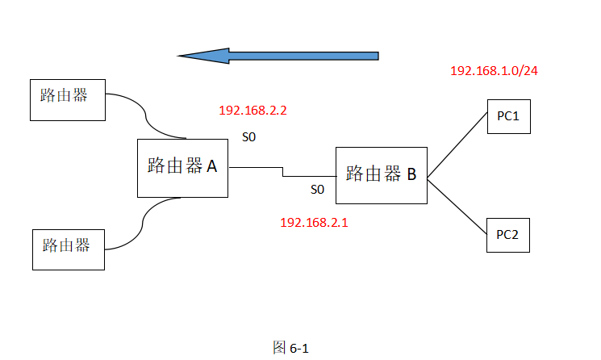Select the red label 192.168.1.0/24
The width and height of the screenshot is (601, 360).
click(x=494, y=71)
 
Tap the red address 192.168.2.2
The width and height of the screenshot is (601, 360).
click(x=253, y=110)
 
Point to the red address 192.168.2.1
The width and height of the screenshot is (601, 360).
click(x=314, y=222)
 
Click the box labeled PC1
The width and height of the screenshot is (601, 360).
click(x=507, y=116)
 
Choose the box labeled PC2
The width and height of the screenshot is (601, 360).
click(x=507, y=235)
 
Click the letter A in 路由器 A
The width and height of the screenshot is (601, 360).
click(x=212, y=166)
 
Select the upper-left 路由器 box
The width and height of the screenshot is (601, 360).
click(x=67, y=100)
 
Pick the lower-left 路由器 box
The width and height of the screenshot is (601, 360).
click(x=69, y=249)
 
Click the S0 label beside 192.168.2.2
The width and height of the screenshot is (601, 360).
click(x=249, y=137)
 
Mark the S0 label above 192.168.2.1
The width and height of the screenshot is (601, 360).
click(x=317, y=190)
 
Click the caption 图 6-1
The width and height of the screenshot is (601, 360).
click(x=291, y=348)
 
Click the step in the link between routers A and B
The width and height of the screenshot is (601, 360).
click(x=282, y=172)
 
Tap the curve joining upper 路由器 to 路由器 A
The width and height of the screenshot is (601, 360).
click(x=146, y=120)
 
